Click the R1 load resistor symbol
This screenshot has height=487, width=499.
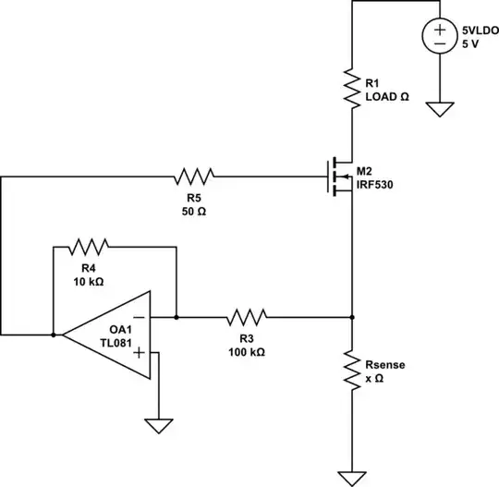tap(352, 88)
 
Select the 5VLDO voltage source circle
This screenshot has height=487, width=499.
tap(439, 37)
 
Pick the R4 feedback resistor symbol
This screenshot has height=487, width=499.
tap(90, 246)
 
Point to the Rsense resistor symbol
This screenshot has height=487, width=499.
tap(352, 370)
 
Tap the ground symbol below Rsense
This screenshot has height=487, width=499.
tap(352, 477)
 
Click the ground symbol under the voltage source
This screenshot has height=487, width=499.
tap(439, 108)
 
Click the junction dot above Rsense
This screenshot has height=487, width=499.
tap(352, 317)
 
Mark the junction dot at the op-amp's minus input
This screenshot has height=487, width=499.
tap(176, 317)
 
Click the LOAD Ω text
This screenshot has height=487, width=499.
tap(388, 96)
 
